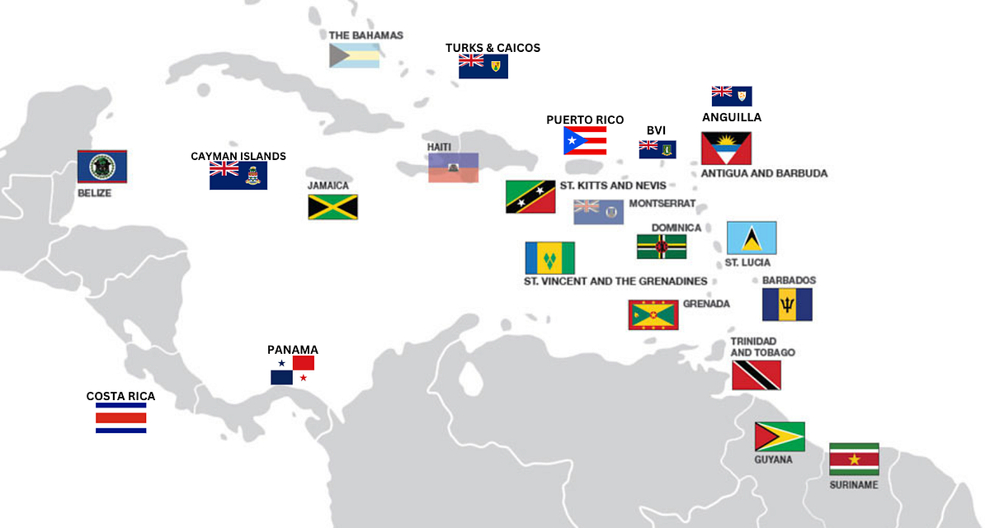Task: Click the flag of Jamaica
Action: point(332,206)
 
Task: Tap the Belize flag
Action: point(102,167)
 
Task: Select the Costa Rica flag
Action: point(121,418)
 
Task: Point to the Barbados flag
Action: point(787,304)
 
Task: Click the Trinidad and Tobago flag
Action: point(757,375)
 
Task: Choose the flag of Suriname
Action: point(854,460)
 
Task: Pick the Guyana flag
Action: point(780,436)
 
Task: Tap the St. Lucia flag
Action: point(752,238)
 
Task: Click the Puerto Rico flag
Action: point(585,141)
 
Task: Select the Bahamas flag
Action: point(355,55)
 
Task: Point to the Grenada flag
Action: point(653,314)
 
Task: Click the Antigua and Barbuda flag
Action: point(726,148)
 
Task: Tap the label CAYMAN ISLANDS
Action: point(238,156)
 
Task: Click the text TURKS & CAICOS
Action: point(493,48)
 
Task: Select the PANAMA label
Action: point(293,350)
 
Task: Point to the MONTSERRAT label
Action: point(662,203)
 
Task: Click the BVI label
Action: point(656,130)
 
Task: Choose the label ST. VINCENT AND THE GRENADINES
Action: point(615,281)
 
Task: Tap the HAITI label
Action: point(439,147)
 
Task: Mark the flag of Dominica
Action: point(662,247)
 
